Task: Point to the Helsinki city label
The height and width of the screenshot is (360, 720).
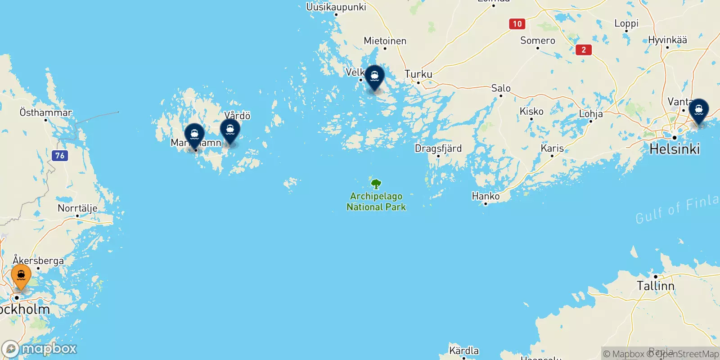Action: (x=675, y=149)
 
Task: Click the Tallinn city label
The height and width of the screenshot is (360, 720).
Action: (x=655, y=286)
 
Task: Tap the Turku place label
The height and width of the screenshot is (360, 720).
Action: (x=418, y=74)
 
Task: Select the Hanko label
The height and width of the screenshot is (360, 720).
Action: (x=486, y=196)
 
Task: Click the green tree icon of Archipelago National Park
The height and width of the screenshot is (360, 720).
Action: (x=376, y=184)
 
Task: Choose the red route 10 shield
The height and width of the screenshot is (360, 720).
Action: (x=517, y=24)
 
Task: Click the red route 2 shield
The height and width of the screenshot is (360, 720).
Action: (x=584, y=50)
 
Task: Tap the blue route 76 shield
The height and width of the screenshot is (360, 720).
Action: (x=60, y=156)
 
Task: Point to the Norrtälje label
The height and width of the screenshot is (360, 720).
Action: (x=77, y=208)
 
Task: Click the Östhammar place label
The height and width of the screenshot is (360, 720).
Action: (x=46, y=112)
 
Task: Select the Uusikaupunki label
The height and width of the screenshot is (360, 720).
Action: (x=336, y=7)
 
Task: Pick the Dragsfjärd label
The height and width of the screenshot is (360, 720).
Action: (x=438, y=148)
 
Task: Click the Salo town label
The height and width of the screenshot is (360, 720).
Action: (x=501, y=88)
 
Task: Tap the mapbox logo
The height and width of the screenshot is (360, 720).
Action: (x=40, y=349)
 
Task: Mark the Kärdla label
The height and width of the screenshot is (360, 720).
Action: (x=464, y=351)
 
